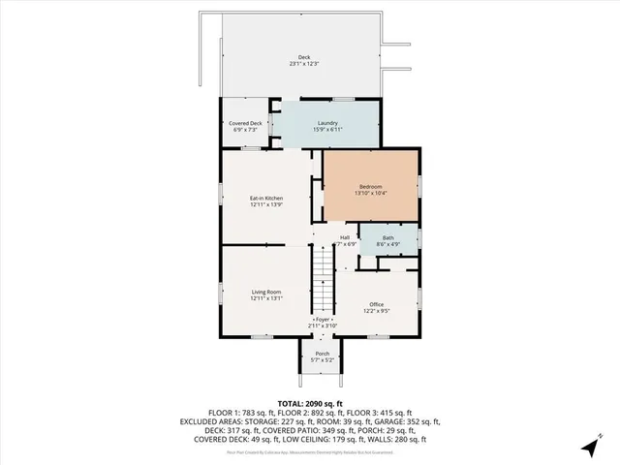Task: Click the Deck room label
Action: [304, 57]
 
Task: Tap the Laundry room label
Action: [327, 123]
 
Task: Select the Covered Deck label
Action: [245, 123]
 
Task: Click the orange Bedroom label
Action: [371, 186]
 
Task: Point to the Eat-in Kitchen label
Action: [266, 199]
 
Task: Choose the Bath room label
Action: [387, 237]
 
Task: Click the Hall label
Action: [345, 237]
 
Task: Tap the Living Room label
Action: [266, 292]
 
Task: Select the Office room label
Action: [377, 304]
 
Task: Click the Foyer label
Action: [323, 320]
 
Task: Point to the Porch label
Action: [323, 354]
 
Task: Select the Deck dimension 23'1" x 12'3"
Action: [304, 64]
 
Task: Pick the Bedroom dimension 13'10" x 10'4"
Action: [371, 193]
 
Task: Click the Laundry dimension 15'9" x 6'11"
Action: [327, 130]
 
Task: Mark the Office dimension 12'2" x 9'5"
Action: [377, 311]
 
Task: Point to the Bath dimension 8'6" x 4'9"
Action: [387, 244]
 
